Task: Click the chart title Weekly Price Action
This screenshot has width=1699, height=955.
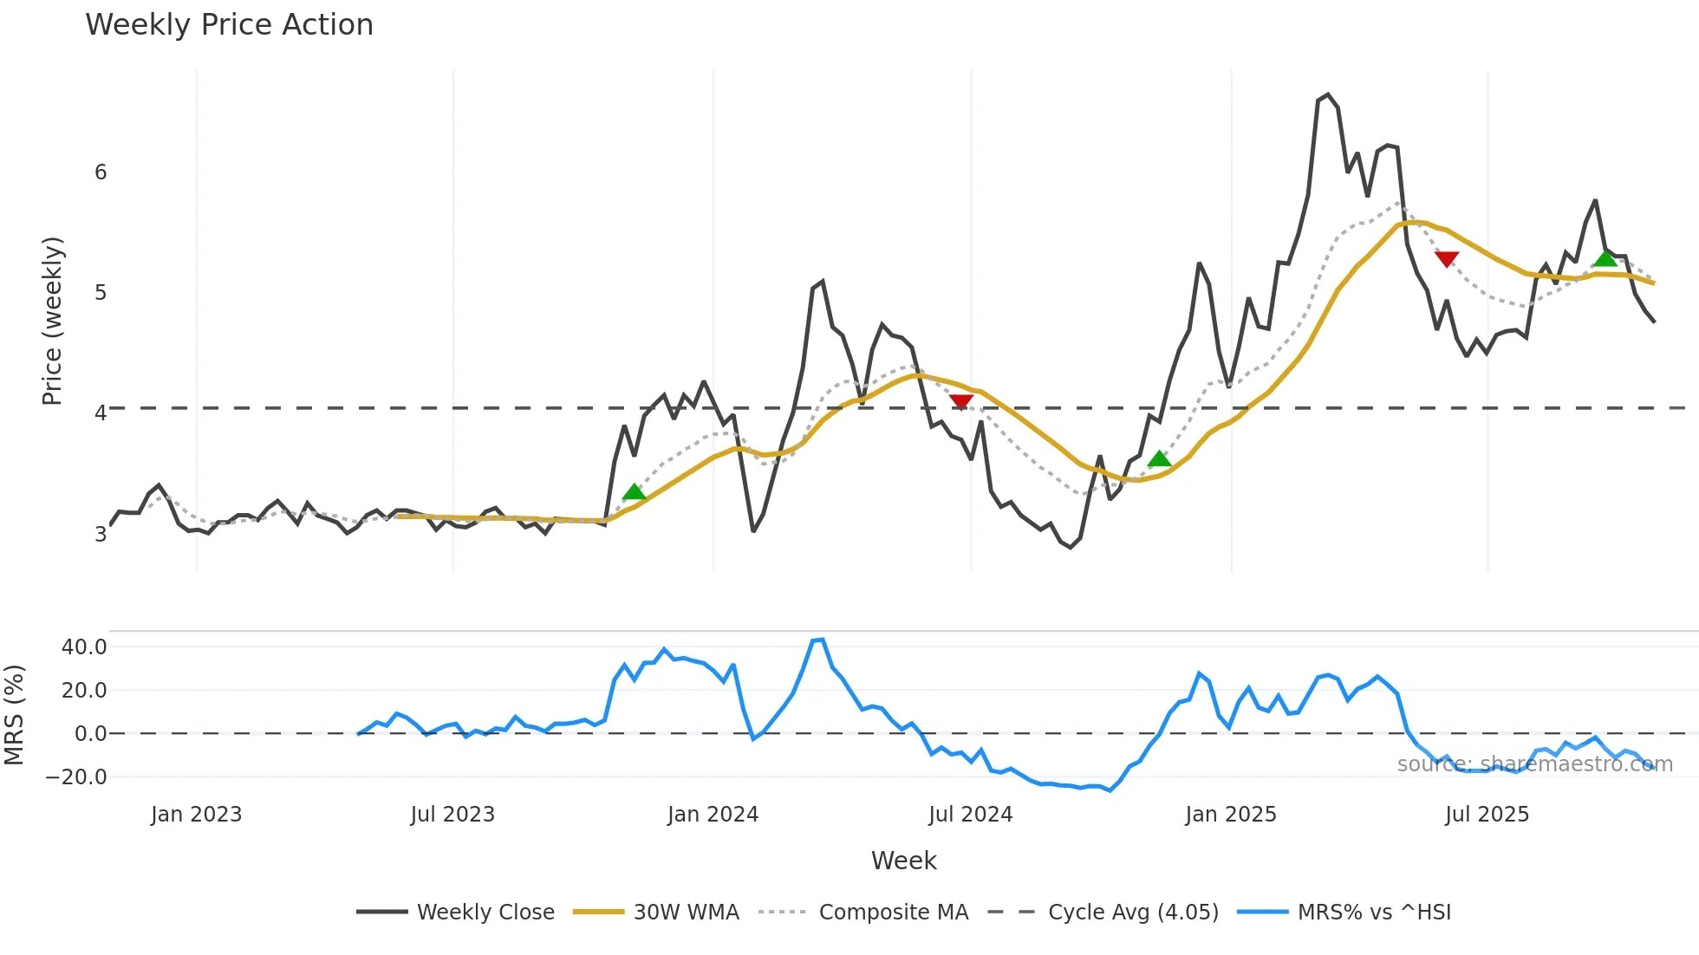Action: coord(229,25)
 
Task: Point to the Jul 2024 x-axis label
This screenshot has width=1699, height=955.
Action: coord(970,815)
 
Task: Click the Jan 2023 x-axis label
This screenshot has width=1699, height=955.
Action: coord(196,815)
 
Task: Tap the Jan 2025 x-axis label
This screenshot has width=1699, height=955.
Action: coord(1230,815)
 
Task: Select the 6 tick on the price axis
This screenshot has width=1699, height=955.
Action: coord(101,172)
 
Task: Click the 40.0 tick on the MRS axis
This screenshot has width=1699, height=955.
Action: coord(84,647)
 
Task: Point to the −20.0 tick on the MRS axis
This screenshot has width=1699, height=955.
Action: coord(76,777)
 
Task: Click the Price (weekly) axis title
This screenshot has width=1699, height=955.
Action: coord(52,321)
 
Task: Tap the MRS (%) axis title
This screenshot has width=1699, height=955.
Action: coord(14,715)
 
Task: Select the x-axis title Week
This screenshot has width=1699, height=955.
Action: coord(903,861)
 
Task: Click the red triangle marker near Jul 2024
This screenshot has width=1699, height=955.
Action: coord(960,401)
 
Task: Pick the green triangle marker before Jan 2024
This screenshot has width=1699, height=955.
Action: coord(635,492)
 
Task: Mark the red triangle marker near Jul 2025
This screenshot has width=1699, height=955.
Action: coord(1446,258)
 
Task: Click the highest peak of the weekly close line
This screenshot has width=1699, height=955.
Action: coord(1328,94)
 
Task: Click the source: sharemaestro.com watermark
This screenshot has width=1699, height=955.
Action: coord(1534,764)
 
